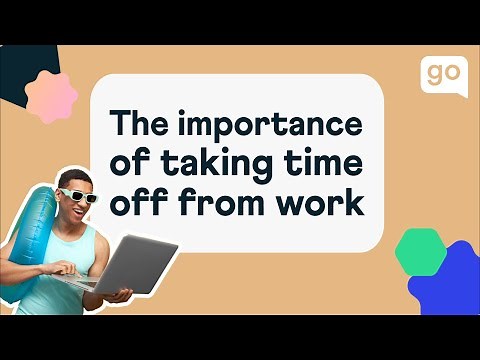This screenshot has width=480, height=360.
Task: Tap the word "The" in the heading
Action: (x=139, y=126)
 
